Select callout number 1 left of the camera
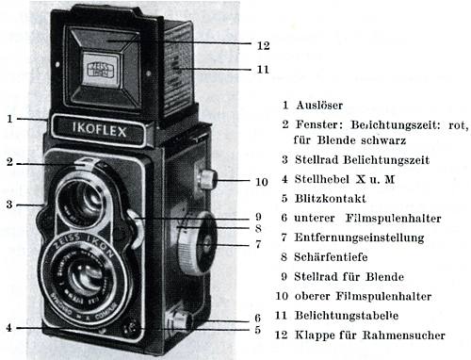tap(8, 119)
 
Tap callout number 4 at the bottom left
tap(8, 327)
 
